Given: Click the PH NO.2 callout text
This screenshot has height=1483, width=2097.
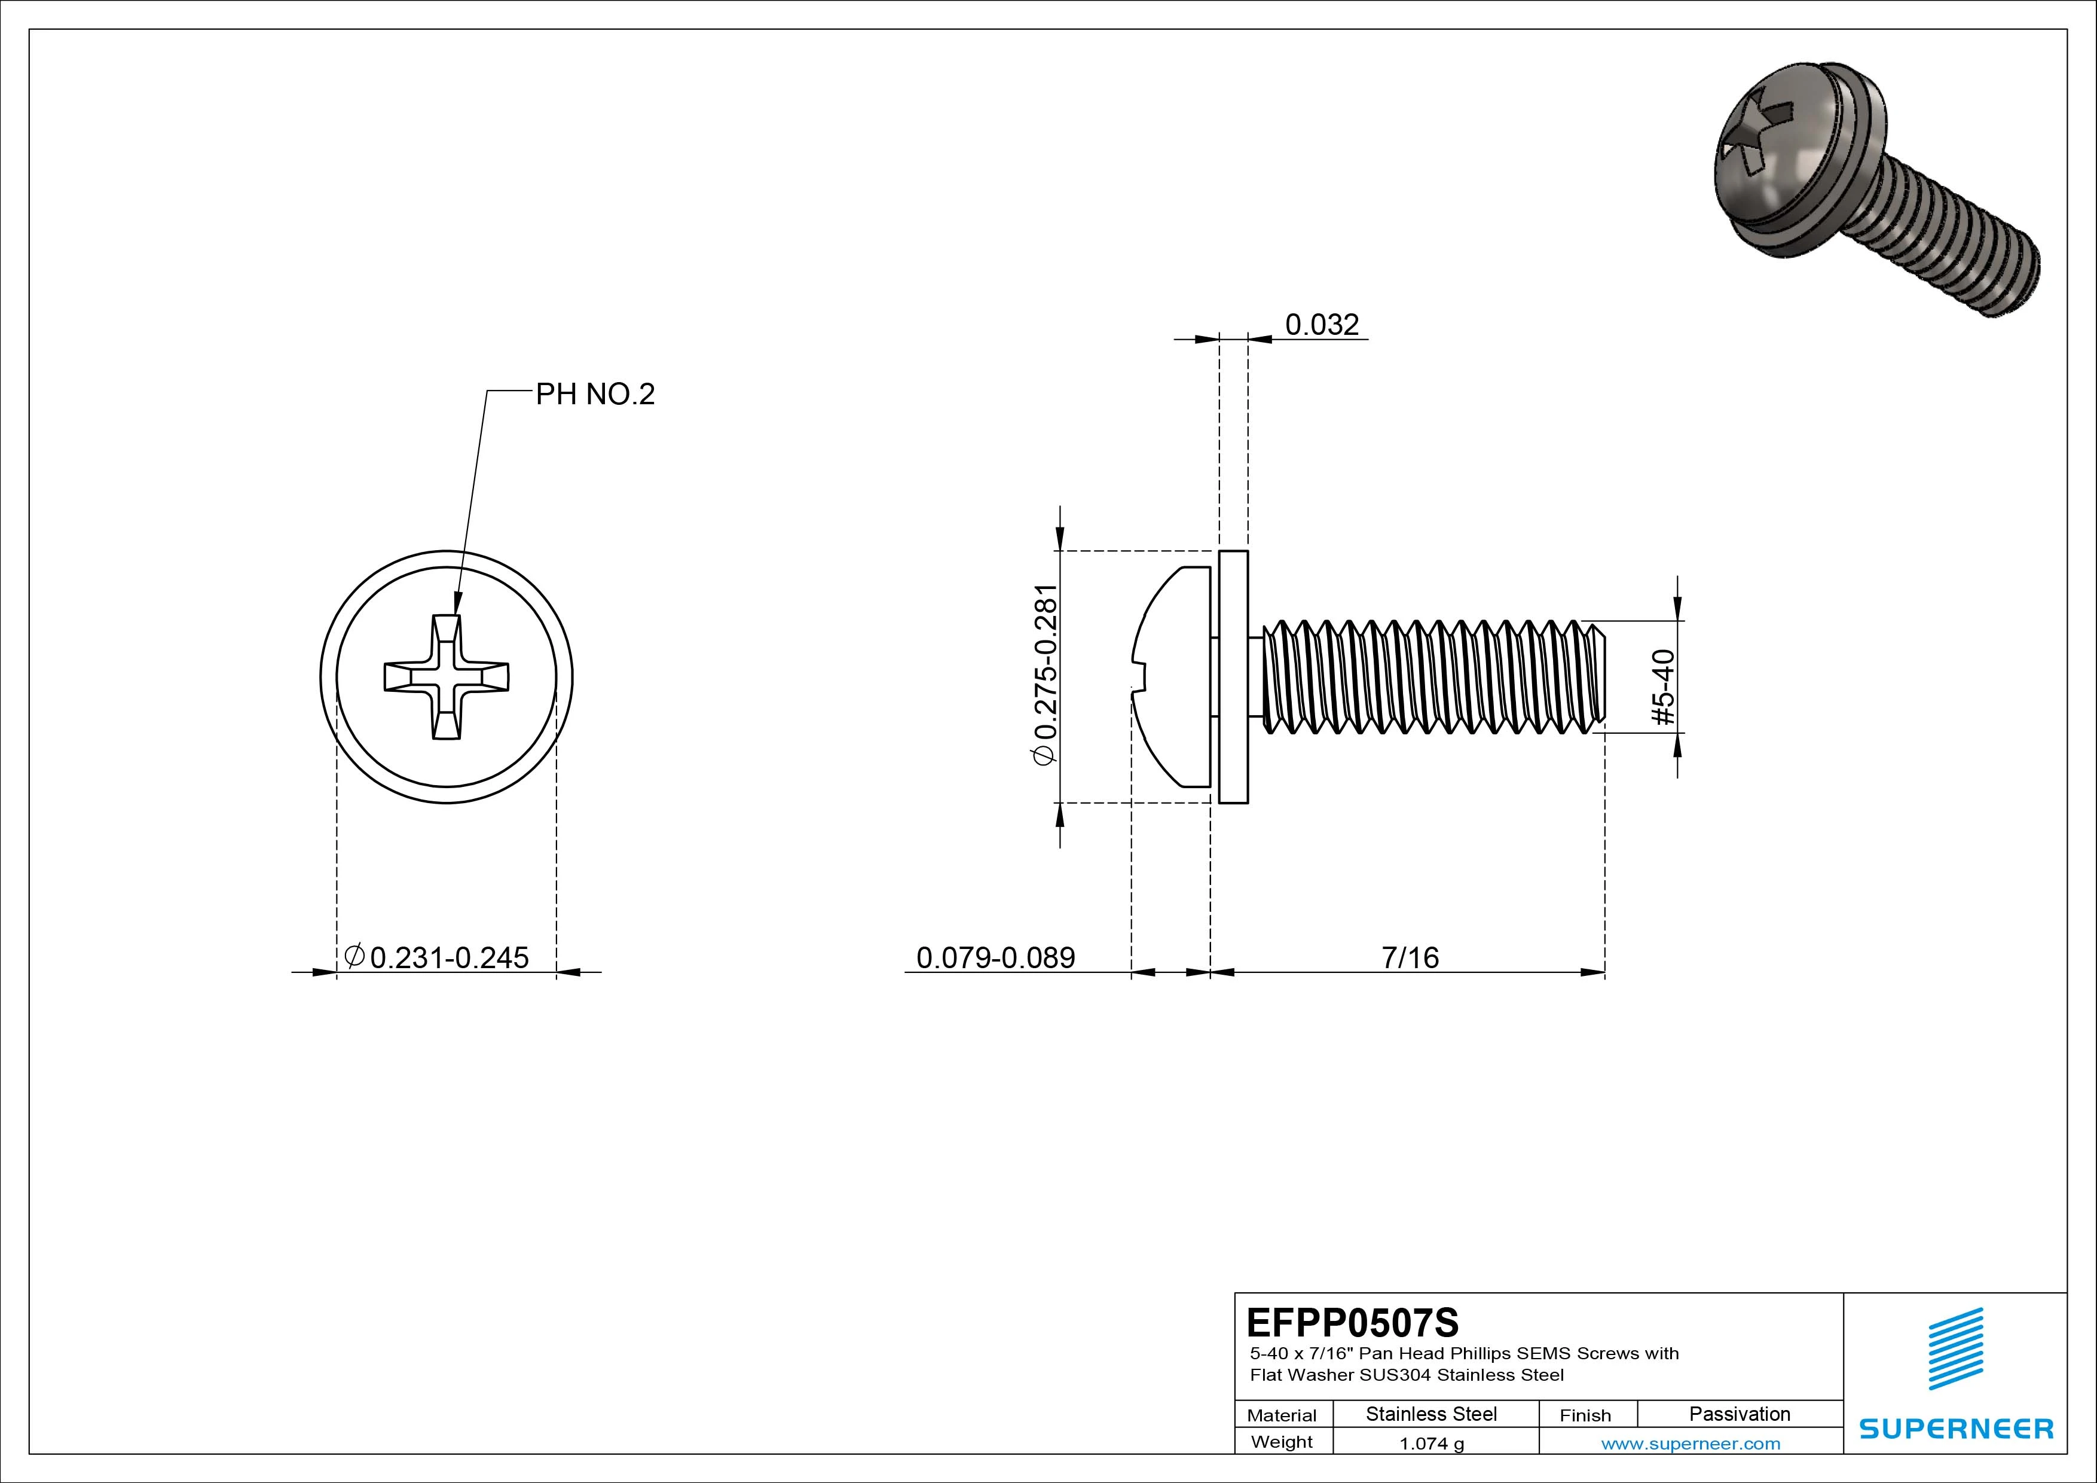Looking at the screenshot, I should pos(595,394).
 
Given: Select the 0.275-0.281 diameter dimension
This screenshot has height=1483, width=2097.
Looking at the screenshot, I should pos(1044,675).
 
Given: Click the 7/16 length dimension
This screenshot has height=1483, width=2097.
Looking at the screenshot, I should pos(1410,957).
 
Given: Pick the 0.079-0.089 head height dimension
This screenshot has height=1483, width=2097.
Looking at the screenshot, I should pos(995,957).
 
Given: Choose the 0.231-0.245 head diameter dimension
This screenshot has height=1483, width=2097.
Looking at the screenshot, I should pos(448,957).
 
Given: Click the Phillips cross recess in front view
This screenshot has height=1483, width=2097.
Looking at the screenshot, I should pos(446,677).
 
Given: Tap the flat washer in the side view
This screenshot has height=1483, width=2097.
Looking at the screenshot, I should pos(1233,677).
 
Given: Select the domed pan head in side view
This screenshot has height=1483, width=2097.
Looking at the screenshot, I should pos(1173,677).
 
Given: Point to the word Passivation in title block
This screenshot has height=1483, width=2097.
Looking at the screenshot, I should pos(1739,1414).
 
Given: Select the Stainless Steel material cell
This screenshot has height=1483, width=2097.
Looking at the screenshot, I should pos(1430,1414).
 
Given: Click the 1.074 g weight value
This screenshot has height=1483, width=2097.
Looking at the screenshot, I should pos(1430,1444).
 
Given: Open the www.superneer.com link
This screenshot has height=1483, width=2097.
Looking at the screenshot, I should pos(1691,1444).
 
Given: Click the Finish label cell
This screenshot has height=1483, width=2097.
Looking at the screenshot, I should pos(1585,1414).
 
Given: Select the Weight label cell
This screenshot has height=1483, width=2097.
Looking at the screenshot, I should pos(1282,1442).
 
